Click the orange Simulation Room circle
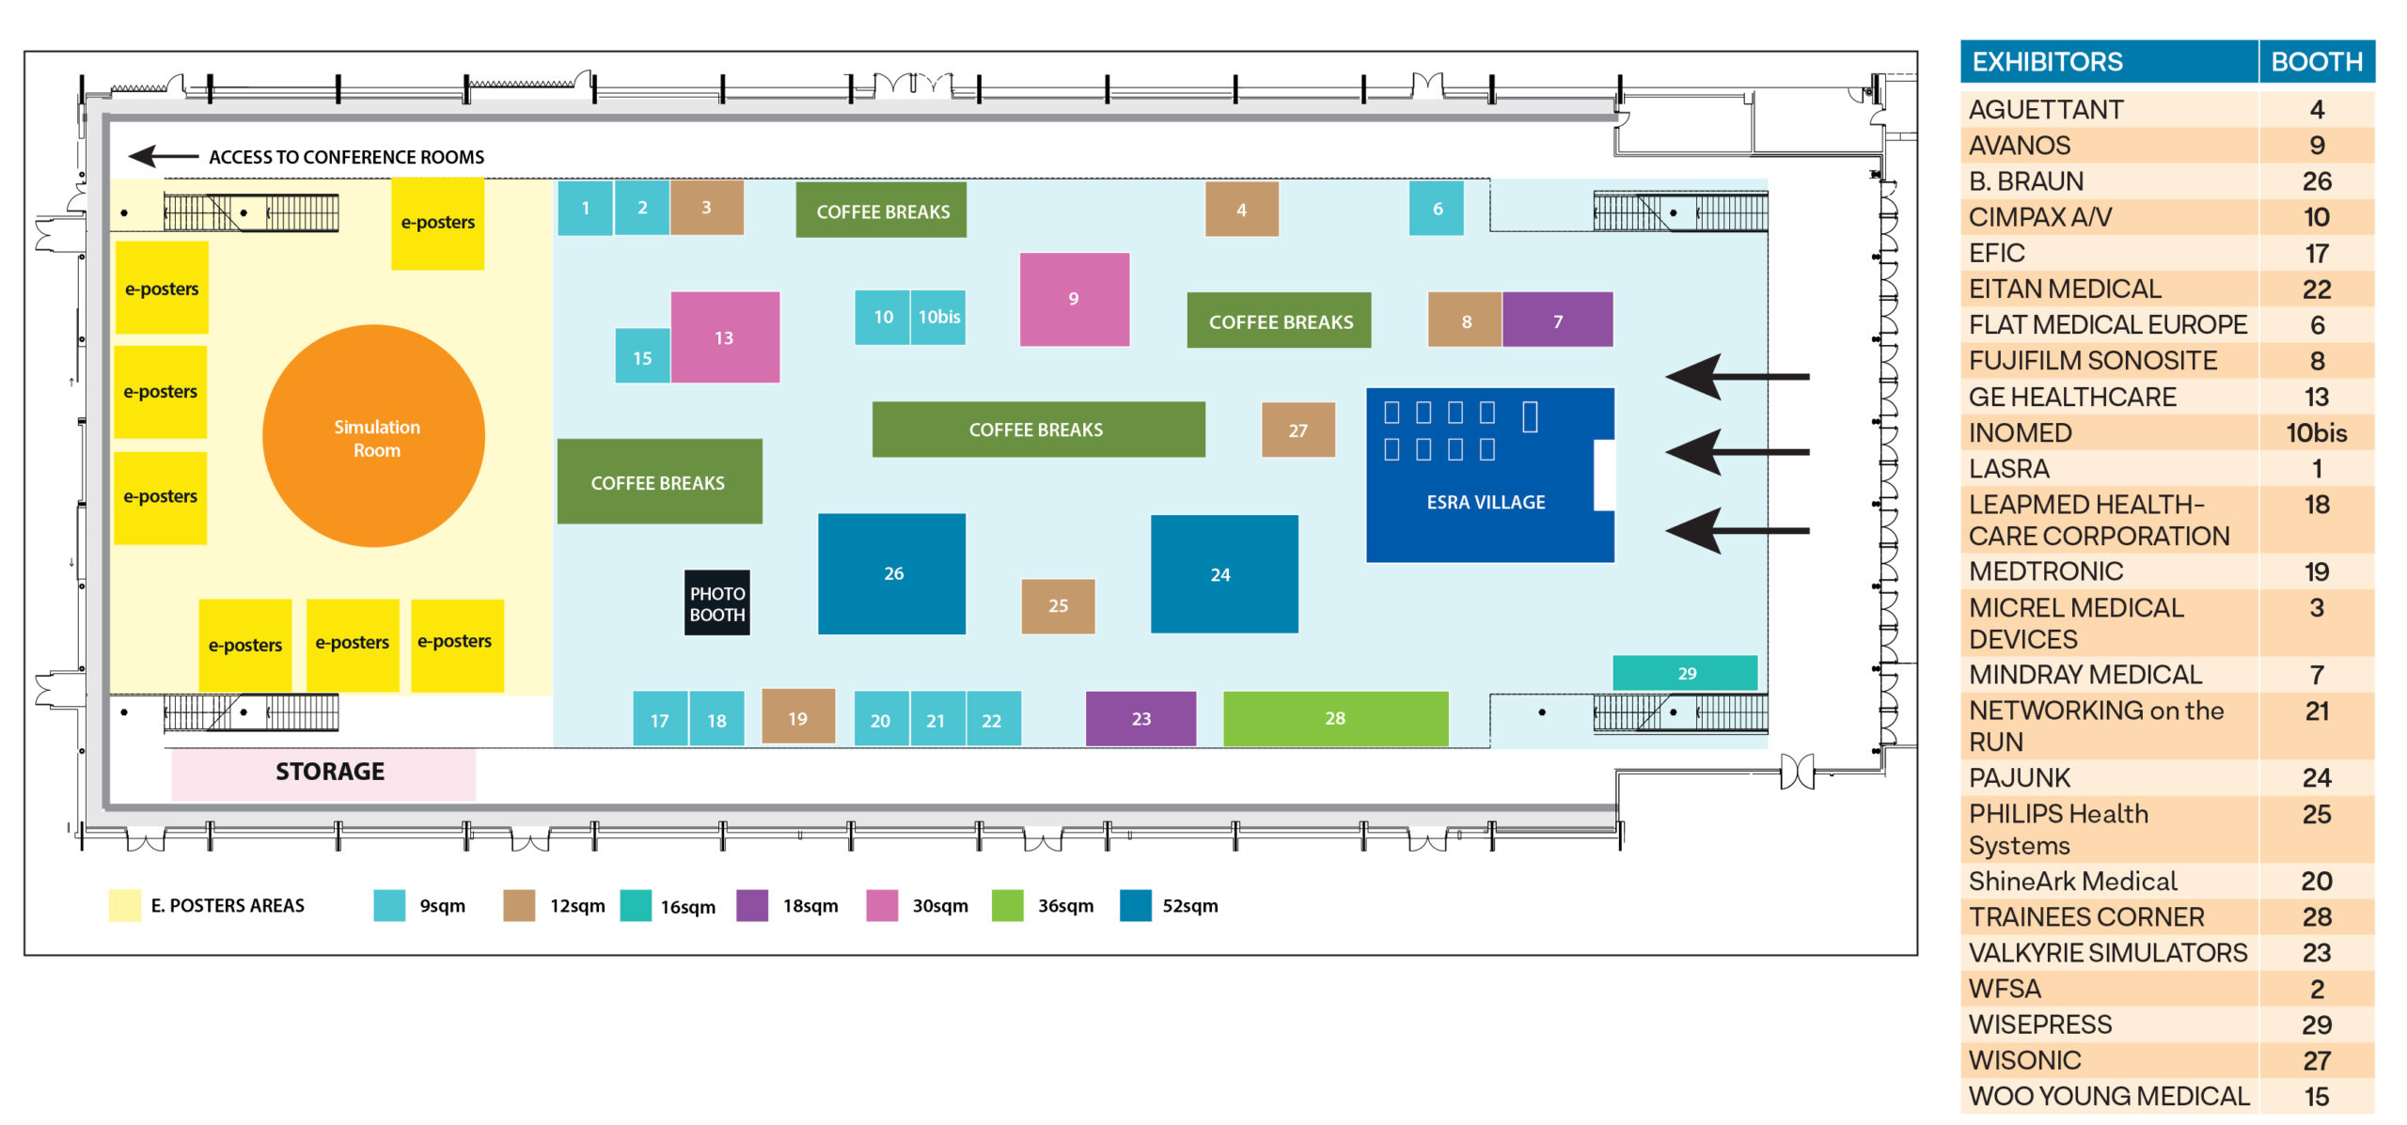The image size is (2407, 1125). coord(374,436)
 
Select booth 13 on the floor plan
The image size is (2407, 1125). coord(725,337)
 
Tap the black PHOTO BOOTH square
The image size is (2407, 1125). coord(717,603)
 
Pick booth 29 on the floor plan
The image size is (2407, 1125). coord(1685,673)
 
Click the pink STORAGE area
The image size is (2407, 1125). coord(323,773)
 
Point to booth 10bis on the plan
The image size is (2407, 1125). coord(938,318)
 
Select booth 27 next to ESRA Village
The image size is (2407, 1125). coord(1298,430)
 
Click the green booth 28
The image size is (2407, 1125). coord(1336,719)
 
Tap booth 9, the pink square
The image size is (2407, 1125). coord(1075,299)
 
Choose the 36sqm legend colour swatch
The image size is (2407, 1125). coord(1007,906)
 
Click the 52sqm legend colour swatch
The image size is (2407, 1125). coord(1136,906)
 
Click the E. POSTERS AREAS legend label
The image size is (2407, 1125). coord(228,906)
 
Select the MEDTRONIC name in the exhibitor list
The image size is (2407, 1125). coord(2046,571)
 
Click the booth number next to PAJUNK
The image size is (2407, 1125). coord(2317,778)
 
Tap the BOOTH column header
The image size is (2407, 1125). coord(2317,62)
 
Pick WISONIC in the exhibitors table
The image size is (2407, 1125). coord(2025,1060)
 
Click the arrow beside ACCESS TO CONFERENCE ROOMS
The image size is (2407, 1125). coord(163,156)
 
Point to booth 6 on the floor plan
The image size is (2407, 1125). coord(1437,209)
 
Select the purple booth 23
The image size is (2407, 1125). coord(1141,719)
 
